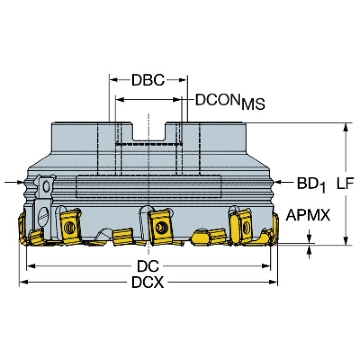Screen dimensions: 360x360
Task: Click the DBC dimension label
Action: tap(148, 80)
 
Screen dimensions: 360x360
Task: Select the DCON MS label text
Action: tap(230, 101)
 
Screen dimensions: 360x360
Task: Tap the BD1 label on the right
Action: tap(312, 184)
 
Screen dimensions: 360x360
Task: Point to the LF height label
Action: tap(345, 183)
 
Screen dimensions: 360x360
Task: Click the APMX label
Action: tap(308, 215)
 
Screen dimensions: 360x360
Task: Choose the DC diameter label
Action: tap(148, 266)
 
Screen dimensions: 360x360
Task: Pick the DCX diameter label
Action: tap(148, 282)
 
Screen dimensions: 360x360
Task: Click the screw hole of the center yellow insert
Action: tap(160, 227)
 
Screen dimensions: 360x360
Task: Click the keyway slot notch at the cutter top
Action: tap(149, 132)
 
